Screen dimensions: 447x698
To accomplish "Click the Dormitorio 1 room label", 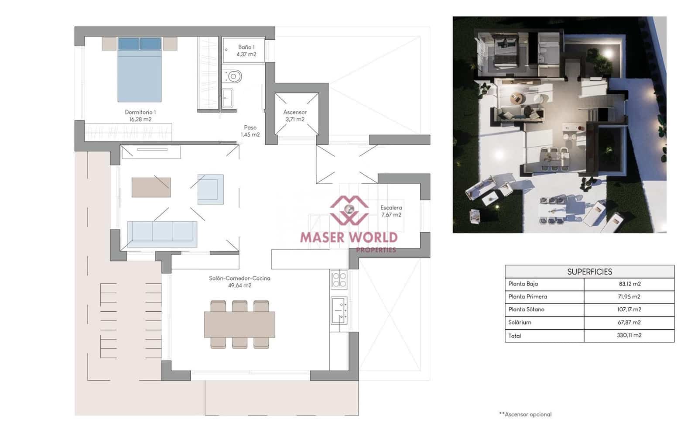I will pyautogui.click(x=140, y=112).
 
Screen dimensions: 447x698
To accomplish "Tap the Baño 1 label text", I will pyautogui.click(x=246, y=47).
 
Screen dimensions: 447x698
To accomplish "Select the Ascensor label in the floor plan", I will pyautogui.click(x=295, y=112).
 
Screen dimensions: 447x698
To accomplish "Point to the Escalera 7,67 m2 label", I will pyautogui.click(x=391, y=211).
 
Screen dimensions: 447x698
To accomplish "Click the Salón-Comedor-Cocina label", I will pyautogui.click(x=240, y=279).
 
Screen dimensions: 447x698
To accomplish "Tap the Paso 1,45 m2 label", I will pyautogui.click(x=250, y=131).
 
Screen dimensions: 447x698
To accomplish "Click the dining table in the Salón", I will pyautogui.click(x=240, y=324).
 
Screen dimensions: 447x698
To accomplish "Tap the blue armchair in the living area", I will pyautogui.click(x=211, y=189).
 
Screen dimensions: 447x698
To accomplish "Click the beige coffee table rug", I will pyautogui.click(x=151, y=187).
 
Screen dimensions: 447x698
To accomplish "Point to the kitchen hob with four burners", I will pyautogui.click(x=339, y=280).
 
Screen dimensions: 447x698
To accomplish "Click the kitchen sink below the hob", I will pyautogui.click(x=339, y=310).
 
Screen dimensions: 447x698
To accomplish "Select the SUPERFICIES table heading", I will pyautogui.click(x=589, y=272).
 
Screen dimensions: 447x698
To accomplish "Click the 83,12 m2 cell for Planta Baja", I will pyautogui.click(x=630, y=284).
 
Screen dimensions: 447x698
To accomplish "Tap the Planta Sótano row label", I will pyautogui.click(x=526, y=309).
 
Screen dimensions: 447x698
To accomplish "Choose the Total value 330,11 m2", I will pyautogui.click(x=629, y=335).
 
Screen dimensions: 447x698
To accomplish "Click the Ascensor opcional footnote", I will pyautogui.click(x=526, y=414).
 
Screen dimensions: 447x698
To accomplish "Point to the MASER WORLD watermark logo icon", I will pyautogui.click(x=349, y=210).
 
